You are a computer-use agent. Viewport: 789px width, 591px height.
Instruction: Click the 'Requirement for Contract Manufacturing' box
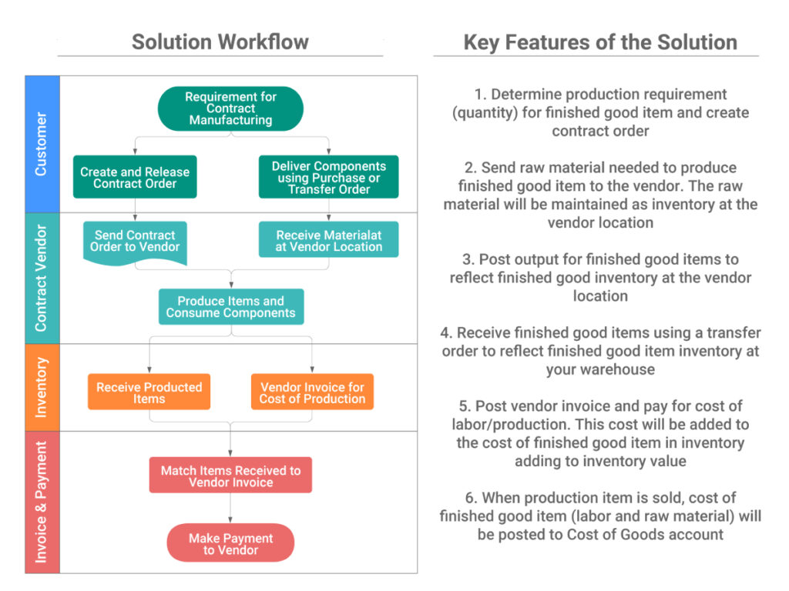pyautogui.click(x=230, y=109)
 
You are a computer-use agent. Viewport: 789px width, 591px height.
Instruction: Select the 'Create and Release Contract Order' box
pyautogui.click(x=135, y=178)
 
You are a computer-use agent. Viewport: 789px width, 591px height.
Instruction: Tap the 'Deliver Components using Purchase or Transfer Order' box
pyautogui.click(x=329, y=178)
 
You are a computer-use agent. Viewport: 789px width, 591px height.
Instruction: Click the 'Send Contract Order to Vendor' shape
pyautogui.click(x=135, y=242)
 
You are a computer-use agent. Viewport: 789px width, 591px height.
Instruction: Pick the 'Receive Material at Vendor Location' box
pyautogui.click(x=329, y=241)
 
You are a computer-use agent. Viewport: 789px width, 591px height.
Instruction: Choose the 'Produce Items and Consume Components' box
pyautogui.click(x=230, y=307)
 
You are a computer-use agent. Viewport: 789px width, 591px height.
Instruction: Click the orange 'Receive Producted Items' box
pyautogui.click(x=149, y=392)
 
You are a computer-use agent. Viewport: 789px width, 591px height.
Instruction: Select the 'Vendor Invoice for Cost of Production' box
pyautogui.click(x=312, y=392)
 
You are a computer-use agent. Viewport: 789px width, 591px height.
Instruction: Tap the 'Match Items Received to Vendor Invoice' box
pyautogui.click(x=230, y=476)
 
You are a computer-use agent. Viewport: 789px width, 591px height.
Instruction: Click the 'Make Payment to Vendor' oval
pyautogui.click(x=230, y=544)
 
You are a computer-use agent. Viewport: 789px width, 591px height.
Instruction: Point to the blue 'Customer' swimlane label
pyautogui.click(x=42, y=144)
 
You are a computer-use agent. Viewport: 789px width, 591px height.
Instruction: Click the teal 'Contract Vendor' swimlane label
pyautogui.click(x=42, y=278)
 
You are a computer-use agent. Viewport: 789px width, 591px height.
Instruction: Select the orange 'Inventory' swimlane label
pyautogui.click(x=42, y=387)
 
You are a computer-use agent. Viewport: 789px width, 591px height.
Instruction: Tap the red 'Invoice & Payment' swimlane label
pyautogui.click(x=42, y=502)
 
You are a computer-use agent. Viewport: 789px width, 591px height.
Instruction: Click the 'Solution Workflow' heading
pyautogui.click(x=220, y=42)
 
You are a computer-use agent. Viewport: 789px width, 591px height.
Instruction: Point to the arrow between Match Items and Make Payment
pyautogui.click(x=230, y=508)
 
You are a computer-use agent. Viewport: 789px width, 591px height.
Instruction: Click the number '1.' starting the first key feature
pyautogui.click(x=481, y=95)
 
